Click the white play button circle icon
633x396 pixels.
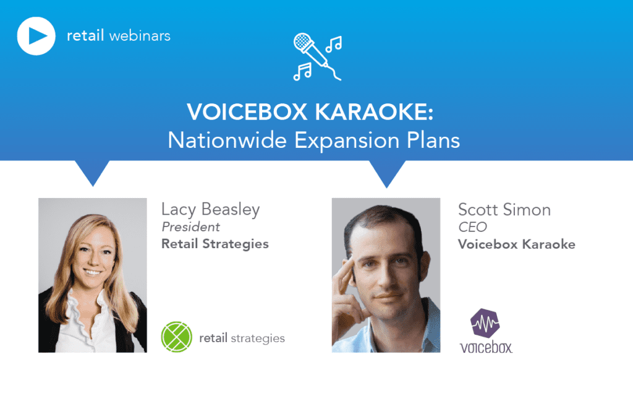pos(37,36)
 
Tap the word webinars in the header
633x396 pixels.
pos(139,35)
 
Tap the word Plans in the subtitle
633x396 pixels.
pos(435,140)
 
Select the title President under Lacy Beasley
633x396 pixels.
pos(191,227)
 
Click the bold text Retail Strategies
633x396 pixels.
pos(215,244)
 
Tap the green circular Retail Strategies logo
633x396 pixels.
pos(176,337)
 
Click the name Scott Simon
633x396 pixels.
pos(504,210)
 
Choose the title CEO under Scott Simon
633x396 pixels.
pos(473,227)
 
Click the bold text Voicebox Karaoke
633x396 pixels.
pos(517,244)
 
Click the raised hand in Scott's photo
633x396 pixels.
pos(346,278)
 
